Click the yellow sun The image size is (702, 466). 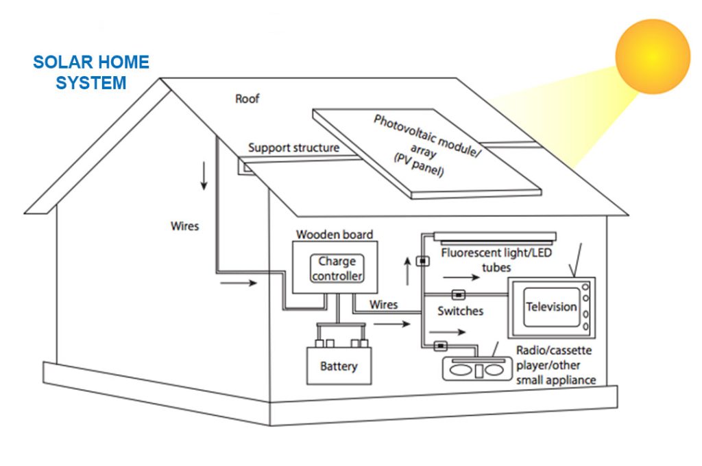pyautogui.click(x=652, y=56)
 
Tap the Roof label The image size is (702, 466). pyautogui.click(x=247, y=99)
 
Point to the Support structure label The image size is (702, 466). pyautogui.click(x=293, y=148)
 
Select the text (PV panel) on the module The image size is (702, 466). pyautogui.click(x=418, y=165)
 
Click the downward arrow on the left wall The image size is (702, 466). pyautogui.click(x=204, y=176)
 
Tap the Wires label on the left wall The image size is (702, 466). pyautogui.click(x=185, y=225)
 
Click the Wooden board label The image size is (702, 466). pyautogui.click(x=335, y=235)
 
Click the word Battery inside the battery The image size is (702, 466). pyautogui.click(x=339, y=366)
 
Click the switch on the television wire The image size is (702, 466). pyautogui.click(x=459, y=295)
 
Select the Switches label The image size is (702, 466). pyautogui.click(x=460, y=312)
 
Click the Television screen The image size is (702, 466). pyautogui.click(x=550, y=307)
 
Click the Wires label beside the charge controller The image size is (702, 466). pyautogui.click(x=383, y=304)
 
